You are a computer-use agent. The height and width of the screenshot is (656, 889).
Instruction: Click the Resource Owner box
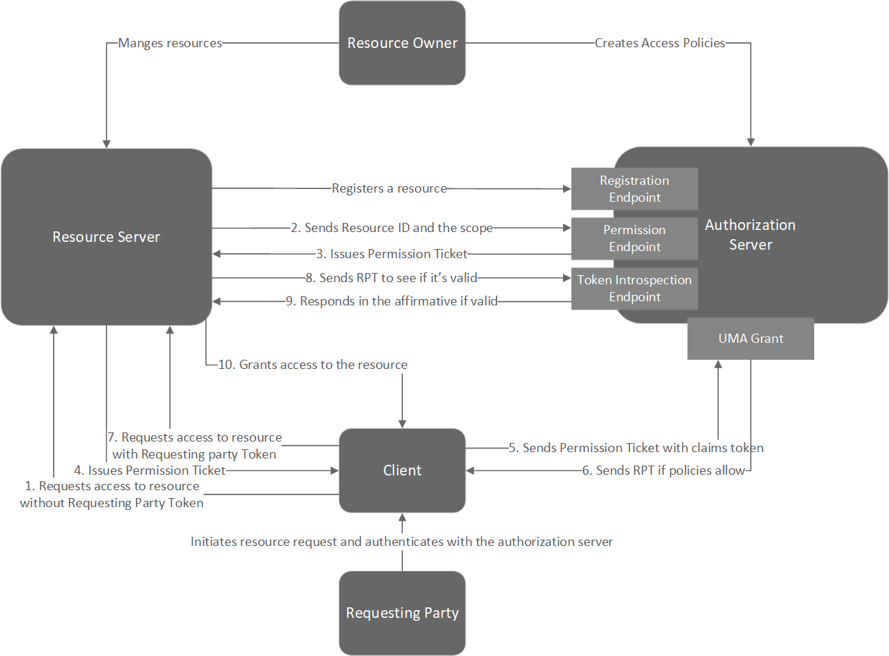click(x=402, y=43)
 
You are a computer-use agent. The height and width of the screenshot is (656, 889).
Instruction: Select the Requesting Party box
click(x=402, y=613)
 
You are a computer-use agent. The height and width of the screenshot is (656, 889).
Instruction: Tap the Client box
click(x=402, y=470)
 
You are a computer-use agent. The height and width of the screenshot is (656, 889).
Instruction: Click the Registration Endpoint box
click(x=634, y=189)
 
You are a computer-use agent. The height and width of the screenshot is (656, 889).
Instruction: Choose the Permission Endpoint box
click(x=634, y=238)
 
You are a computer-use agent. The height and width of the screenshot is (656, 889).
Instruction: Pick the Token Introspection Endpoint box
click(x=634, y=288)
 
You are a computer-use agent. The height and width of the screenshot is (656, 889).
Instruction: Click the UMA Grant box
click(x=751, y=339)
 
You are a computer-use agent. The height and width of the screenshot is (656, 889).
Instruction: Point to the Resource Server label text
click(x=107, y=237)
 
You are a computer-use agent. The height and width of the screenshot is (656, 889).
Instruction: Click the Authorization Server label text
click(x=750, y=235)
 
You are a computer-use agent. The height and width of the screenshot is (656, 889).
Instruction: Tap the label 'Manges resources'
click(x=170, y=43)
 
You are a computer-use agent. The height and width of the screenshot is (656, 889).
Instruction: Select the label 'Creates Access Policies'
click(x=660, y=43)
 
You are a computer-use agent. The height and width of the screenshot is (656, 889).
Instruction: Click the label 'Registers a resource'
click(x=389, y=188)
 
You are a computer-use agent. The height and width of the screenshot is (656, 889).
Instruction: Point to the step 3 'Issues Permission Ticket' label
click(x=392, y=254)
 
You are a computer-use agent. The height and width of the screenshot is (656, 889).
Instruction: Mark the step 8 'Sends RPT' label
click(x=392, y=278)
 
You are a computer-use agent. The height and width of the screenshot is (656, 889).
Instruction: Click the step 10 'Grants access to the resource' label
click(x=313, y=365)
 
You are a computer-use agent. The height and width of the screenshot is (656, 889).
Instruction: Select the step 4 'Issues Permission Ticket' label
click(x=150, y=470)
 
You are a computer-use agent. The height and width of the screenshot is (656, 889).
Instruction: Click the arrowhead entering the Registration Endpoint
click(x=567, y=188)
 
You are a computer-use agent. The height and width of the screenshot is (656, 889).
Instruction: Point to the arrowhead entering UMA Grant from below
click(x=718, y=365)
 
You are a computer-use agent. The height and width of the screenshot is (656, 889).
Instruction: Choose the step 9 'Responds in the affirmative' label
click(x=392, y=301)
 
